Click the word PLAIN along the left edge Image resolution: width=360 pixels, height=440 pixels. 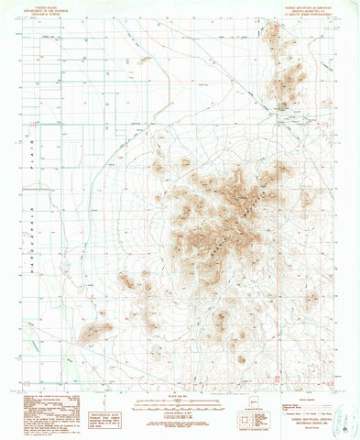pyautogui.click(x=27, y=143)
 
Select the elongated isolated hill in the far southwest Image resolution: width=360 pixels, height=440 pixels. pyautogui.click(x=94, y=332)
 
